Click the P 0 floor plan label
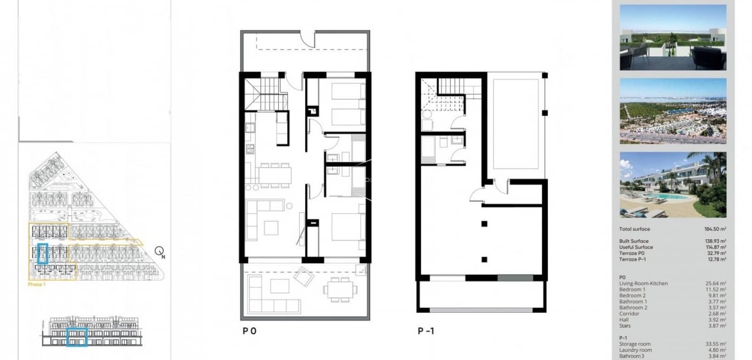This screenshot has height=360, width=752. coord(250,331)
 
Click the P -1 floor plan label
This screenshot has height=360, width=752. coord(426,331)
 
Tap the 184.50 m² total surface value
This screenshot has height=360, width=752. coord(715,229)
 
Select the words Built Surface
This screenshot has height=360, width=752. coord(634,241)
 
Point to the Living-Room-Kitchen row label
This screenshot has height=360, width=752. coord(643,283)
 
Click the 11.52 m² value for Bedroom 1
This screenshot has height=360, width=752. coord(715,290)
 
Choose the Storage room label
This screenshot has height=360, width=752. coord(634,344)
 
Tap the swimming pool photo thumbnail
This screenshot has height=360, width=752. coord(673,184)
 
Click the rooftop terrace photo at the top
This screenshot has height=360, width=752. coord(673,38)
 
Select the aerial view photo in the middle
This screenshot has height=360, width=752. coord(673,111)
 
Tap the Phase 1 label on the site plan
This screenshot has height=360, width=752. coord(37,284)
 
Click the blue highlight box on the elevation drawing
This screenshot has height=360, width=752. coord(77,337)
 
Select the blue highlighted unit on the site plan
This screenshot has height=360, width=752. coord(43,253)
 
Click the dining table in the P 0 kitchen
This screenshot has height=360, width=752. coord(274,175)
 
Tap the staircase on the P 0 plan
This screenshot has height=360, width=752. coord(266,93)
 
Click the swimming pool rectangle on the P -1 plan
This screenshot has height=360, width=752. coord(516,124)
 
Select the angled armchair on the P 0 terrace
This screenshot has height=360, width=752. coord(305,277)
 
